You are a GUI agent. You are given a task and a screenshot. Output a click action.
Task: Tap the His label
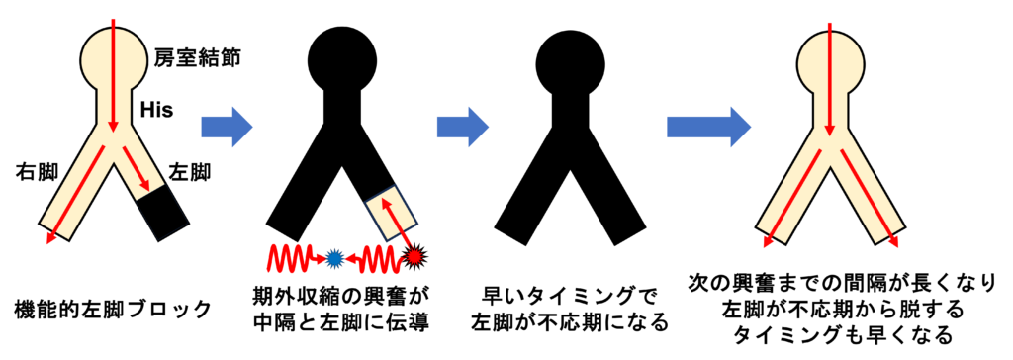pos(157,109)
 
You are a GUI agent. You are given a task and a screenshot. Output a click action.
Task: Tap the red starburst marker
pos(414,258)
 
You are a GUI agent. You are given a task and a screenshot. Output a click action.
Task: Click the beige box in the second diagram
pos(393,213)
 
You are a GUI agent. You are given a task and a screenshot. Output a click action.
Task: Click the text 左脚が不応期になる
pos(569,322)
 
